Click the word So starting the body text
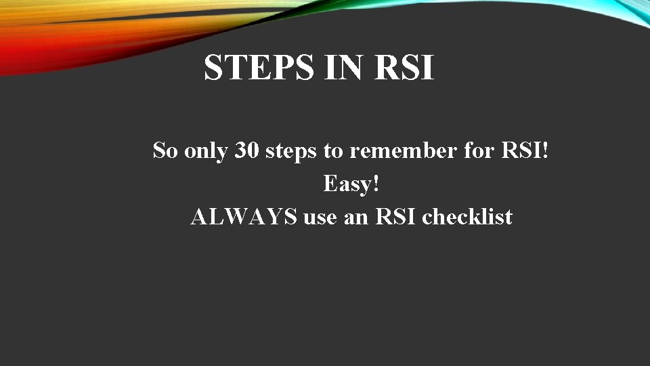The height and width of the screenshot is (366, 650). click(x=165, y=150)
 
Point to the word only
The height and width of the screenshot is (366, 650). click(x=207, y=150)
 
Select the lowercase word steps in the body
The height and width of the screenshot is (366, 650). click(x=291, y=151)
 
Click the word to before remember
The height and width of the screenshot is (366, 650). click(x=333, y=150)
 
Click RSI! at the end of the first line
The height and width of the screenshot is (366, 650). click(x=524, y=150)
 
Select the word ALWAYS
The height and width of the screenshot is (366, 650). click(x=244, y=218)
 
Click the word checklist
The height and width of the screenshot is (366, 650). click(x=467, y=218)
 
